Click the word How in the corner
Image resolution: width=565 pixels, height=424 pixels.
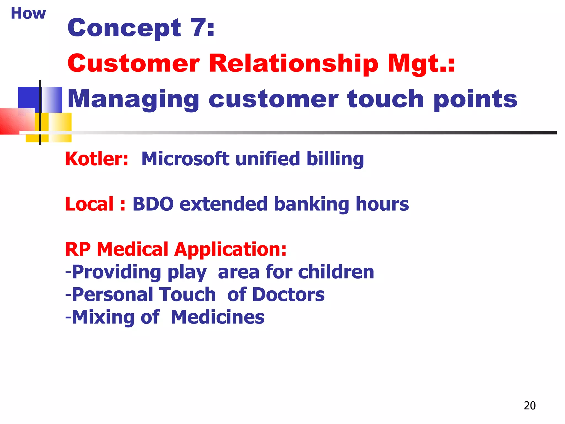pos(28,13)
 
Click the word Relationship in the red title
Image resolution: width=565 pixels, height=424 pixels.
pos(293,63)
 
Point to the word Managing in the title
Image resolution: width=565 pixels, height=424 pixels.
pos(133,100)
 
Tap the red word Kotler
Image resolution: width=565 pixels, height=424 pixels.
pos(97,159)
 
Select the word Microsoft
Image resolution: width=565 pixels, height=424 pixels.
pos(185,159)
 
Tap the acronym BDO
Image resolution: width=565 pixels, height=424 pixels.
pos(153,204)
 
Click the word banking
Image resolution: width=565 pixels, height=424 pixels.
pos(312,205)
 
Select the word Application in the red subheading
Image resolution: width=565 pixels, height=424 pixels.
pos(230,249)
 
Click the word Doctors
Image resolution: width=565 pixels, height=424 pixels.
pos(288,295)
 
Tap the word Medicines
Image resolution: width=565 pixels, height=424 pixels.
pos(217,317)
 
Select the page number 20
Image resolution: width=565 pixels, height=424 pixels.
pos(529,406)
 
